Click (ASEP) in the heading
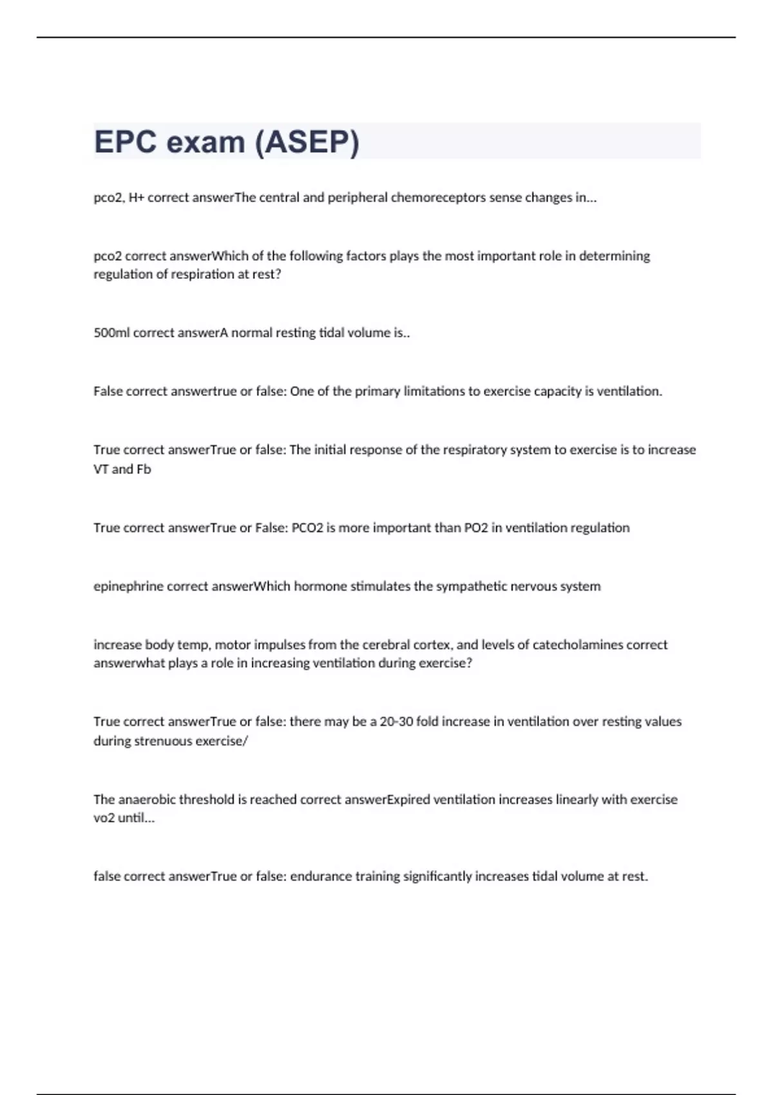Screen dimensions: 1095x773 coord(307,142)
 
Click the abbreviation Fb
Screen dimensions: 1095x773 coord(144,470)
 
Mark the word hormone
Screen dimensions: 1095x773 coord(314,587)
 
